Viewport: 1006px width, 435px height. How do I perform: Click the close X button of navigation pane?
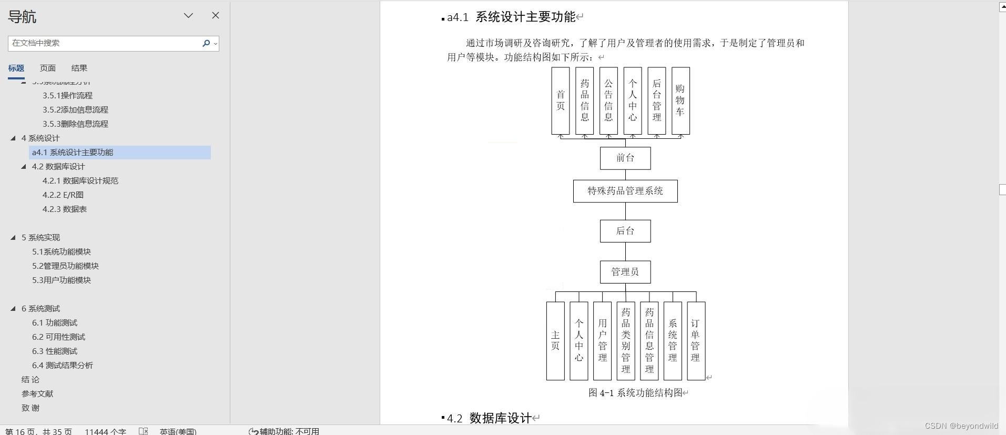(216, 16)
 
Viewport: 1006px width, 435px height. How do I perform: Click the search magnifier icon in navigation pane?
(206, 43)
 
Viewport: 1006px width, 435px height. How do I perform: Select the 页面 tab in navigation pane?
(47, 68)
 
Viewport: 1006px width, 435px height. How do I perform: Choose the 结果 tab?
(79, 68)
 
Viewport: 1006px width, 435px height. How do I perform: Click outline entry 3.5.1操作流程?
(67, 95)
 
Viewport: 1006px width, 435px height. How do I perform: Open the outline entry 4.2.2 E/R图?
(63, 195)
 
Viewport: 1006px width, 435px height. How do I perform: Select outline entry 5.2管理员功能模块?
(65, 266)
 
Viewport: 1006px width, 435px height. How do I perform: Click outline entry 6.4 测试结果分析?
(62, 365)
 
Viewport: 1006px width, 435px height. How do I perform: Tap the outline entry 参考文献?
(37, 393)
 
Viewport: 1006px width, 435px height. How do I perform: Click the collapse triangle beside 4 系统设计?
(13, 138)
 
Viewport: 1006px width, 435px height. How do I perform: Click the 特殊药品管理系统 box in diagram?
(625, 191)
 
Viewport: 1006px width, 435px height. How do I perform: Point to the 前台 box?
(625, 158)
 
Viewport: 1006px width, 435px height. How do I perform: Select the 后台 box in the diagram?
(625, 231)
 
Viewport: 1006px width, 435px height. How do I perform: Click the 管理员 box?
(625, 272)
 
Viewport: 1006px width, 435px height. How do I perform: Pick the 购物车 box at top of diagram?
(680, 100)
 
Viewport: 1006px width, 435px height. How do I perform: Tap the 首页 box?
(561, 100)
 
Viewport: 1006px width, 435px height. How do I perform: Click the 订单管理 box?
(696, 341)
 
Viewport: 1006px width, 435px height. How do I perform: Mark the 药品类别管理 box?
(626, 341)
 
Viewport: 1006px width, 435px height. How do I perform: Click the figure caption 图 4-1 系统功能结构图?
(635, 392)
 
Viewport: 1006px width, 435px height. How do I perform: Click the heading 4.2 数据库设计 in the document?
(500, 418)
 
